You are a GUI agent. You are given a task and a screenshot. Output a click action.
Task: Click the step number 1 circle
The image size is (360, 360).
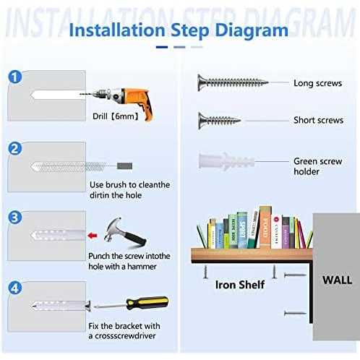click(x=15, y=77)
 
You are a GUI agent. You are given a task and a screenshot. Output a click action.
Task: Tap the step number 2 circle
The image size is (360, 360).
click(x=15, y=148)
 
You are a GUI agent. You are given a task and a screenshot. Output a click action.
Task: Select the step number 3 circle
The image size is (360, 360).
click(x=15, y=218)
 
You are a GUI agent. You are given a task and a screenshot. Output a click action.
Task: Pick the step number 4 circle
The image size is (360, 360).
click(x=15, y=288)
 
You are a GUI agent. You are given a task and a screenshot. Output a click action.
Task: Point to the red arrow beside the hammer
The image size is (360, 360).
click(x=93, y=236)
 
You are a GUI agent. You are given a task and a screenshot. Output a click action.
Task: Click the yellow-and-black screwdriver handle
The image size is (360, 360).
click(x=147, y=303)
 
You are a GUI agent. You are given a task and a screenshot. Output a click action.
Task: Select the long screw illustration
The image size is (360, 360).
click(x=233, y=82)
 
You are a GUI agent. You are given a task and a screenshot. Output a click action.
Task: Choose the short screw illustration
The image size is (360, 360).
click(x=219, y=121)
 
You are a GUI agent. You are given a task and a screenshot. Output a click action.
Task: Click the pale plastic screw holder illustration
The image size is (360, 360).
click(x=226, y=161)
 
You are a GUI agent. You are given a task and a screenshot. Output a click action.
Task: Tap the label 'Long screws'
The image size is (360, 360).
click(x=317, y=83)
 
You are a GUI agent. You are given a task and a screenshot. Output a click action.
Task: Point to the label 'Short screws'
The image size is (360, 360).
click(x=318, y=120)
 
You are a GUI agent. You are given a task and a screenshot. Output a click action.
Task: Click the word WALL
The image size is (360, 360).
click(x=337, y=280)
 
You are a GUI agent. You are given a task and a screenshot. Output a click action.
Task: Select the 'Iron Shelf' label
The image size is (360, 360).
click(x=240, y=285)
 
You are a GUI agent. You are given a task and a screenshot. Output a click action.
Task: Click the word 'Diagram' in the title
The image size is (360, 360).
click(x=252, y=31)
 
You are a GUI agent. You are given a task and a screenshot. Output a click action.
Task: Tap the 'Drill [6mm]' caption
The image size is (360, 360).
click(x=116, y=116)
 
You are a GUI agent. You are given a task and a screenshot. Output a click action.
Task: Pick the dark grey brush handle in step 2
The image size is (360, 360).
click(x=124, y=166)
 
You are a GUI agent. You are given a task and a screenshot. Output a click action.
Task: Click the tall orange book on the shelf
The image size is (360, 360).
click(x=265, y=227)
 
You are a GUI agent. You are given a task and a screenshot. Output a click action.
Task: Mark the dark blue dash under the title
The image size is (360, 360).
click(x=162, y=47)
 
